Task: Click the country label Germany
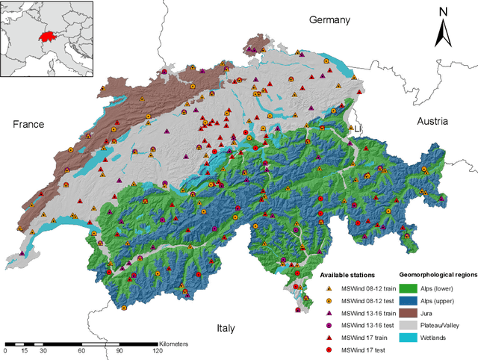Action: [x=329, y=20]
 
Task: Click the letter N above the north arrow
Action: [x=443, y=13]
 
